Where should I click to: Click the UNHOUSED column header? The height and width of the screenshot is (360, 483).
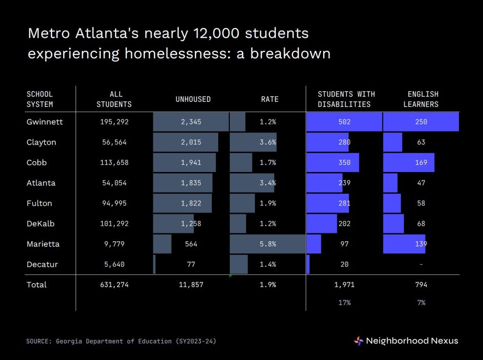click(193, 99)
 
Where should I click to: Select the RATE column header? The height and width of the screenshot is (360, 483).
click(270, 99)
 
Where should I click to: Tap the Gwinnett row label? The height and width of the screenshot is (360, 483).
click(45, 122)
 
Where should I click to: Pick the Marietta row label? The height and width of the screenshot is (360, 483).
click(43, 244)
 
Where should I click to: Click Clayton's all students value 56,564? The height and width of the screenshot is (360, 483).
click(114, 142)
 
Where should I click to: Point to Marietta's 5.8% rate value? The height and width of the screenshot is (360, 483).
click(268, 244)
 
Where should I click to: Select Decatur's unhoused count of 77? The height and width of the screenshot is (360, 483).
click(191, 264)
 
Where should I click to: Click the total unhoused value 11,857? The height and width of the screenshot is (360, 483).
click(191, 285)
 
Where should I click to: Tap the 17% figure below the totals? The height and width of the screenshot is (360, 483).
click(344, 303)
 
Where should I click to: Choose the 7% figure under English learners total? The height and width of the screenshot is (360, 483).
click(421, 303)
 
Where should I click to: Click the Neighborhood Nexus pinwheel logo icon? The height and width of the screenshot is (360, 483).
click(358, 341)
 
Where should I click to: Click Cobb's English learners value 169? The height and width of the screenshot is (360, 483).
click(421, 163)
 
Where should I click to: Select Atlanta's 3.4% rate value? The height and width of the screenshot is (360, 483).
click(268, 183)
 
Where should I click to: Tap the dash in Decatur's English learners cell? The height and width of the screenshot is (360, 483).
click(421, 264)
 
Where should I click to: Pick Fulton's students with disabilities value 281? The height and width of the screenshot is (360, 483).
click(344, 204)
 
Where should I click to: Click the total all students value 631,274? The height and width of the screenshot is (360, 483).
click(114, 285)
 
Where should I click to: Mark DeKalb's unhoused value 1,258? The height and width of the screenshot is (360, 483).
click(191, 224)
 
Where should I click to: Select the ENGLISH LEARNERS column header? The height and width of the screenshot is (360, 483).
click(421, 99)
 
